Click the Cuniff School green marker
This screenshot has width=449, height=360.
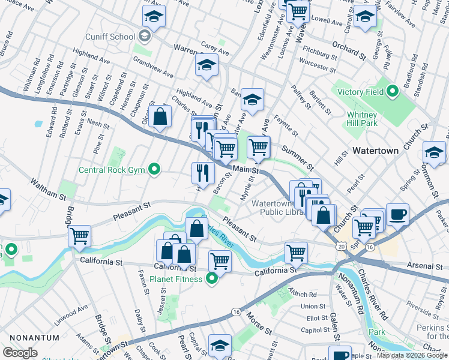coord(144,37)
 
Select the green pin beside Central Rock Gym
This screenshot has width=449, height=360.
coord(155,170)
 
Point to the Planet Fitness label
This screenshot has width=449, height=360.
coord(175,278)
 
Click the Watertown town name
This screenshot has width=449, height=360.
coord(375,151)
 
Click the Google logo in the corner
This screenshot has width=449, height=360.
coord(20,353)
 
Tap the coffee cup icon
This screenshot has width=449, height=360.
coord(397,214)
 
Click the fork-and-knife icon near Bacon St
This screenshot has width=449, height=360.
coord(203,173)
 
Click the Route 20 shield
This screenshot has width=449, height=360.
coord(342,247)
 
